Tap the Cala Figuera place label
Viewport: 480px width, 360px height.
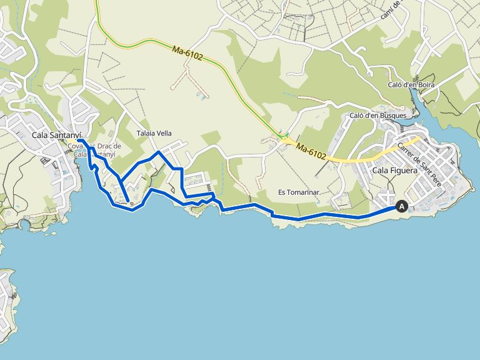(394, 170)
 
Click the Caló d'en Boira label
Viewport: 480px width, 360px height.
(411, 84)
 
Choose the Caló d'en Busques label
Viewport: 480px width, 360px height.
(377, 115)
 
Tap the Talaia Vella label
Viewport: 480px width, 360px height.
(154, 133)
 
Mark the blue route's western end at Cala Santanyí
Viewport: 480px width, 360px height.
(80, 141)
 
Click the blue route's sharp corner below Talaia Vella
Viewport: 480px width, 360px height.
(159, 152)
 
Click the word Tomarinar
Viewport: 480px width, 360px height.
(306, 192)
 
